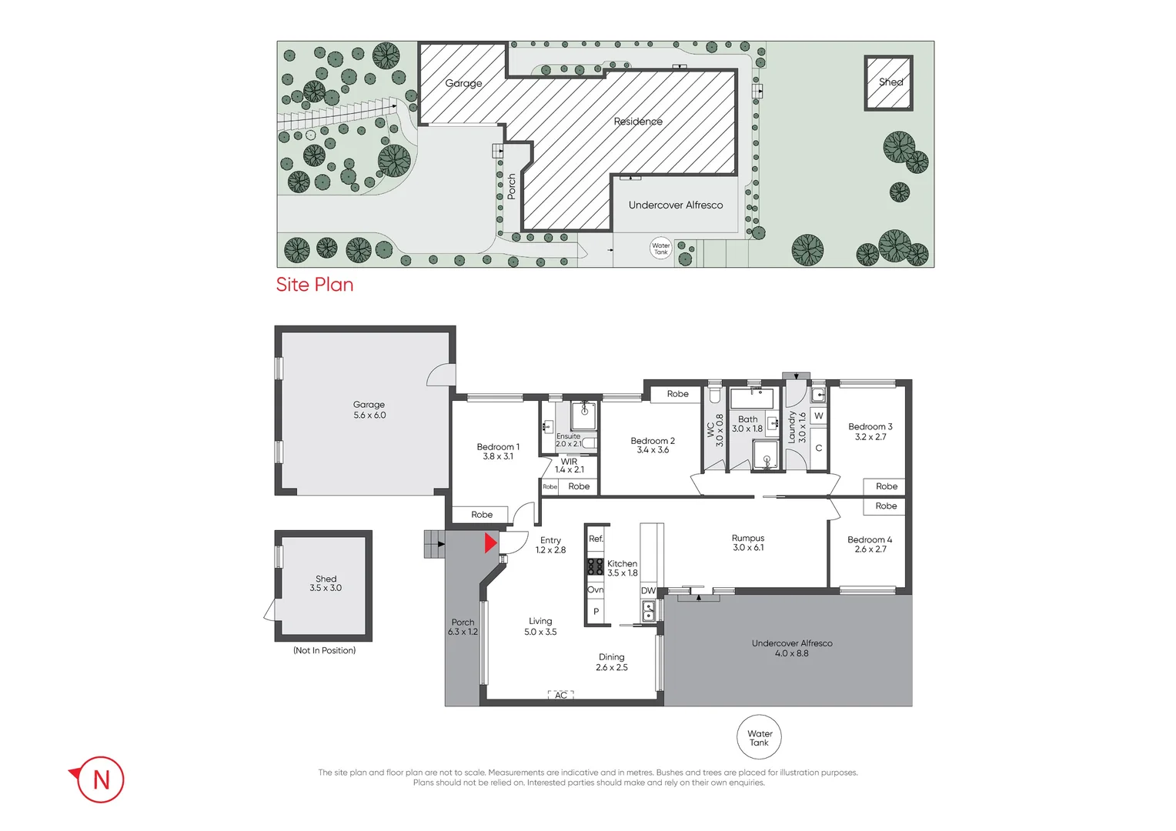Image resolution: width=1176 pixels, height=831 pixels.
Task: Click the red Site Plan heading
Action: pyautogui.click(x=315, y=285)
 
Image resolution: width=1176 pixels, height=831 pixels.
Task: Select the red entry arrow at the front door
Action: pyautogui.click(x=490, y=544)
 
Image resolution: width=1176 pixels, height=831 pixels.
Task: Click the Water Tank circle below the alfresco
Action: pyautogui.click(x=759, y=738)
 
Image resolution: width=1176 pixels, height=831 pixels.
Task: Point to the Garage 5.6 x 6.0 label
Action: pyautogui.click(x=369, y=410)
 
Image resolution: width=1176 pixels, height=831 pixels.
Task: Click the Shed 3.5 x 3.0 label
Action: pyautogui.click(x=326, y=583)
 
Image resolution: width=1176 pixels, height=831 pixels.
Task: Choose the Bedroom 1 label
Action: pyautogui.click(x=498, y=452)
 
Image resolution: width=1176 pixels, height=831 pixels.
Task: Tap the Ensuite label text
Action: pyautogui.click(x=568, y=436)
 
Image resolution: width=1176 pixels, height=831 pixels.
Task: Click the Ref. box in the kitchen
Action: pyautogui.click(x=596, y=539)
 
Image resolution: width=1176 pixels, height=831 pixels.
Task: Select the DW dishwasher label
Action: pyautogui.click(x=648, y=591)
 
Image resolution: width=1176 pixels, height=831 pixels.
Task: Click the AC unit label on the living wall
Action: pyautogui.click(x=561, y=696)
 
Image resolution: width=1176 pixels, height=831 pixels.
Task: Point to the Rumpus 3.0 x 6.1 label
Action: pyautogui.click(x=748, y=543)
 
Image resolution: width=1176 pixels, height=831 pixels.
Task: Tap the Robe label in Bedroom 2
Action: pyautogui.click(x=677, y=394)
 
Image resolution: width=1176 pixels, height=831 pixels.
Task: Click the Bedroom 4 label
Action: pyautogui.click(x=870, y=545)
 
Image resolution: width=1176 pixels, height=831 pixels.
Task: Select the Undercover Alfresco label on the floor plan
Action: pyautogui.click(x=792, y=648)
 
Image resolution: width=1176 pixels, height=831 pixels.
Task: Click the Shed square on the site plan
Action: pyautogui.click(x=889, y=82)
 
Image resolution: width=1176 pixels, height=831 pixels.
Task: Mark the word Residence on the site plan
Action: pyautogui.click(x=638, y=122)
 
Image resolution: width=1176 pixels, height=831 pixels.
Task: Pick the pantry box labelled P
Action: pyautogui.click(x=596, y=612)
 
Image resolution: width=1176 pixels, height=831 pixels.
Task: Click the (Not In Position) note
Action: pyautogui.click(x=324, y=651)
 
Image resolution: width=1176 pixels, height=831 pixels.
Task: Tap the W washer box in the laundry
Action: pyautogui.click(x=818, y=416)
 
